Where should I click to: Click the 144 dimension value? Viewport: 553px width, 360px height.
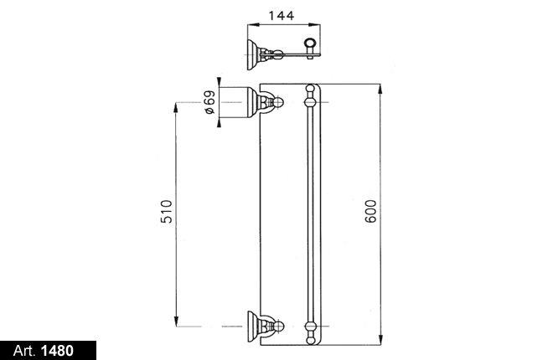281,16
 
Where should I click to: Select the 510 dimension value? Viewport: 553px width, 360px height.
167,211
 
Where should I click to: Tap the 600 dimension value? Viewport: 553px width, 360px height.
370,211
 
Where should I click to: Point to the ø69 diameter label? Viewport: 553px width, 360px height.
209,102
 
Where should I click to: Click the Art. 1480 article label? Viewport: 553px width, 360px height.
44,351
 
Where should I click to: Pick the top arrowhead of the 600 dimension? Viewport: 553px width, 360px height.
380,89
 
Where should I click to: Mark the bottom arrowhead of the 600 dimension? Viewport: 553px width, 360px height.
380,340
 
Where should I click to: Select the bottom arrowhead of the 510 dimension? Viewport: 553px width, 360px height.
176,321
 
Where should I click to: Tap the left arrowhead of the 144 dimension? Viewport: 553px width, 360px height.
252,24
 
